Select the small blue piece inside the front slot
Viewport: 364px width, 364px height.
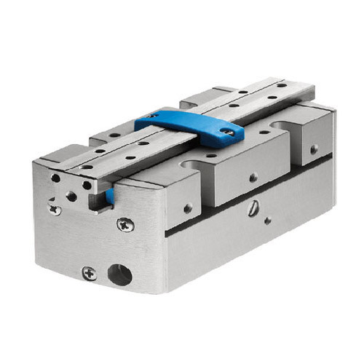[108, 195]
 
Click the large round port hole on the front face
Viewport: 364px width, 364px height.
[120, 274]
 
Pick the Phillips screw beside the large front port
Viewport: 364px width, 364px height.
[90, 273]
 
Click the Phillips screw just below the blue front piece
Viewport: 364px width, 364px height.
[125, 224]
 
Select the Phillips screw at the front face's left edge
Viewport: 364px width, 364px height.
[54, 208]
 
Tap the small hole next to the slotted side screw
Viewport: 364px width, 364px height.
[268, 218]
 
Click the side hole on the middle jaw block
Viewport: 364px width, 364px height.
[253, 177]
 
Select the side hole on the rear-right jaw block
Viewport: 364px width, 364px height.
[314, 149]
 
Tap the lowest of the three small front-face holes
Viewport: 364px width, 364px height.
[71, 196]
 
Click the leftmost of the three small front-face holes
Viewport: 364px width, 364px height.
[55, 178]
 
